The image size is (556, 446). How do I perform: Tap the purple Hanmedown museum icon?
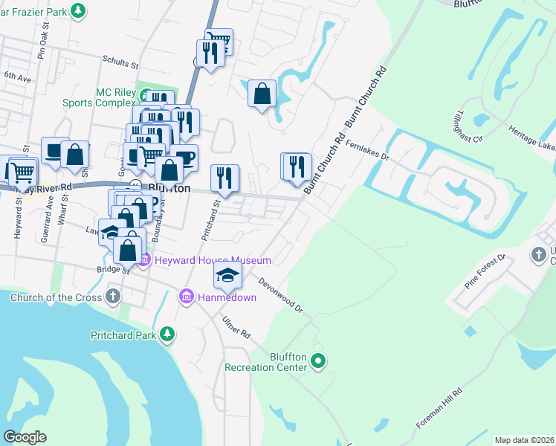click(186, 297)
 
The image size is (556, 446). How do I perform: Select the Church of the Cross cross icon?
click(112, 297)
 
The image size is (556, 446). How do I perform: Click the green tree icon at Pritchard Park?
click(169, 335)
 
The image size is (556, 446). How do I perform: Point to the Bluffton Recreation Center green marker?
click(319, 362)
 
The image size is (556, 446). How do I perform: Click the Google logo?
click(25, 436)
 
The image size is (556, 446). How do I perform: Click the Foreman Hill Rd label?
click(439, 408)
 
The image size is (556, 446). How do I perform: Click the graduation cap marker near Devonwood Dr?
click(227, 277)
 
